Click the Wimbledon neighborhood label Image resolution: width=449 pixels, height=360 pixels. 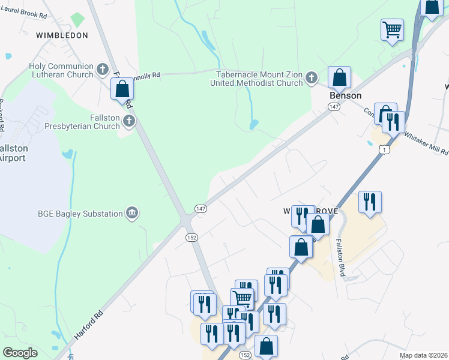click(x=62, y=35)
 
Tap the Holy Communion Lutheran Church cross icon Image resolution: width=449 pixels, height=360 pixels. click(x=103, y=68)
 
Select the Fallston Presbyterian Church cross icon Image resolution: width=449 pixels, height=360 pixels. click(x=128, y=122)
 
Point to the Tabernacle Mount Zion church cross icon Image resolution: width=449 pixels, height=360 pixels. click(x=311, y=77)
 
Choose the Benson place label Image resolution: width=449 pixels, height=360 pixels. click(x=345, y=95)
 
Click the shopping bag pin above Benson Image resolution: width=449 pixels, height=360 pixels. click(x=339, y=77)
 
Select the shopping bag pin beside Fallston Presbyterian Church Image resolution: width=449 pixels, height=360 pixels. click(x=122, y=89)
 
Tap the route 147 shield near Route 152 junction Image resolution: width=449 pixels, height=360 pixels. click(x=201, y=208)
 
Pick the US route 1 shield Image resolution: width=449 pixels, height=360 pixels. click(x=385, y=149)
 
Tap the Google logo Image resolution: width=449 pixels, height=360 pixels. click(x=20, y=353)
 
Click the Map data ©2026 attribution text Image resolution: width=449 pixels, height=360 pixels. click(x=423, y=355)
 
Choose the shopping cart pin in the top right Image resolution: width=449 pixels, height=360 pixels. click(x=392, y=29)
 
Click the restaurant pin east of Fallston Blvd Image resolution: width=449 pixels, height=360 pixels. click(x=369, y=201)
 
